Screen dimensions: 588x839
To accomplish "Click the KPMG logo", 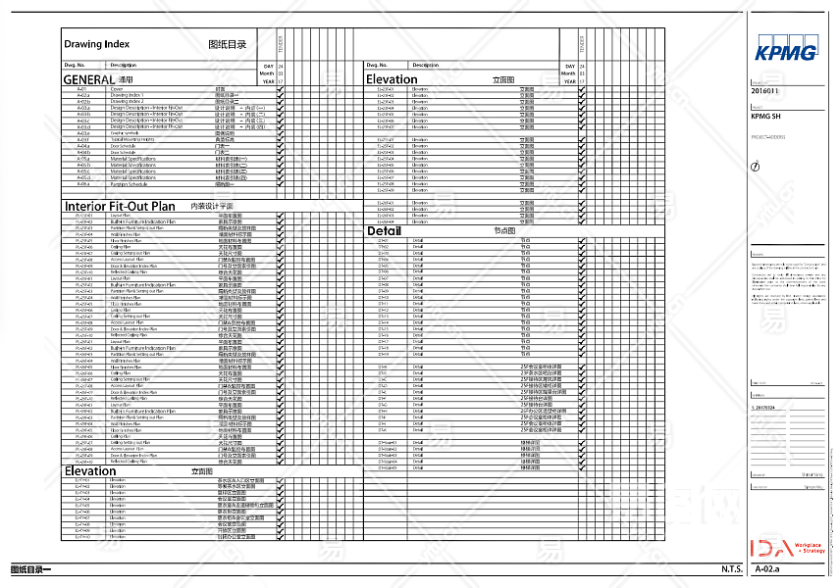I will (x=786, y=52).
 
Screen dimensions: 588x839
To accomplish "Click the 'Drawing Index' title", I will (x=96, y=44).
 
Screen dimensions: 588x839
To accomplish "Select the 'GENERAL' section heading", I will (x=89, y=78).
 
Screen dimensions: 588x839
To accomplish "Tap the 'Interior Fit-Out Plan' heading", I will (x=120, y=207).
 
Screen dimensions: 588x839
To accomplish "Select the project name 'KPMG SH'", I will (x=765, y=117).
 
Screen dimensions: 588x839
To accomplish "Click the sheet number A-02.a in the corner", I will (x=767, y=569).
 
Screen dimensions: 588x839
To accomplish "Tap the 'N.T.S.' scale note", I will (x=730, y=569).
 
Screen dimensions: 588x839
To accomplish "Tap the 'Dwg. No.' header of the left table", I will (x=75, y=65).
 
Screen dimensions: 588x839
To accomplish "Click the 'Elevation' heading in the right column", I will (x=392, y=79).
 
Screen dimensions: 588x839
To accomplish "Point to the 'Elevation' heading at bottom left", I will (x=90, y=471).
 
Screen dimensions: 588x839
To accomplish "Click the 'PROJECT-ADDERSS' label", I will (x=768, y=137).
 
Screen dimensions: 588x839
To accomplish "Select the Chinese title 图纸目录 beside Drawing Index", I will (x=228, y=45).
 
